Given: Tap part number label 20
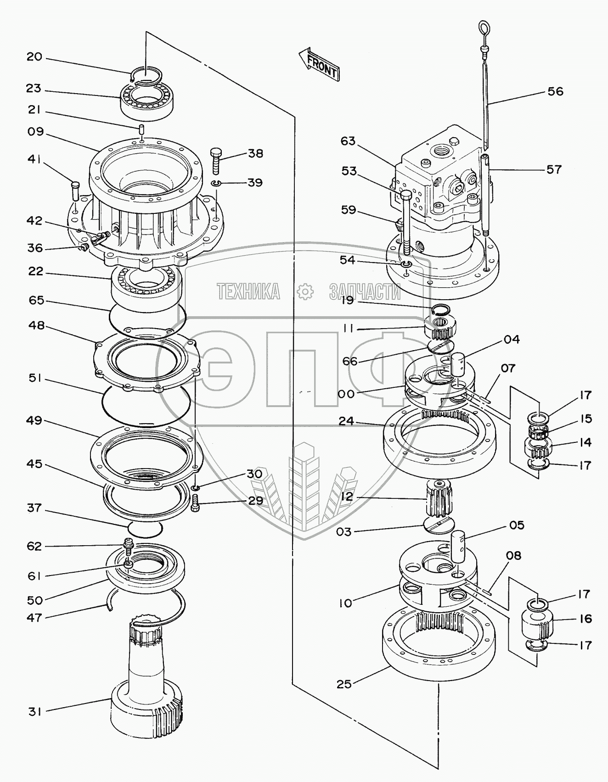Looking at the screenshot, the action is [x=34, y=57].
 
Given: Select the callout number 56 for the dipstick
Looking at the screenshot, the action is [x=555, y=91].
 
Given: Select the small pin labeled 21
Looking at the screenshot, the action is [x=142, y=128].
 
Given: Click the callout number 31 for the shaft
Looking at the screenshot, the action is [x=35, y=724].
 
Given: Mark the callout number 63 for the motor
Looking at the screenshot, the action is [x=348, y=141].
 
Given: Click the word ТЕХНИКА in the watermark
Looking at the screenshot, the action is [x=248, y=291].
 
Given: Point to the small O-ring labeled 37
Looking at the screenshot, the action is [x=145, y=528].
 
